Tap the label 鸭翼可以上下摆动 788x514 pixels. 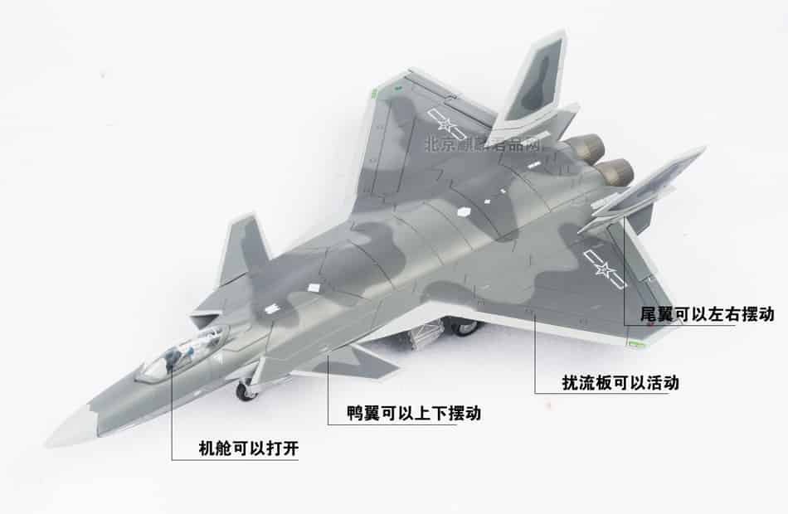(x=414, y=413)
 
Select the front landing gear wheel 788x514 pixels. (x=247, y=390)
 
